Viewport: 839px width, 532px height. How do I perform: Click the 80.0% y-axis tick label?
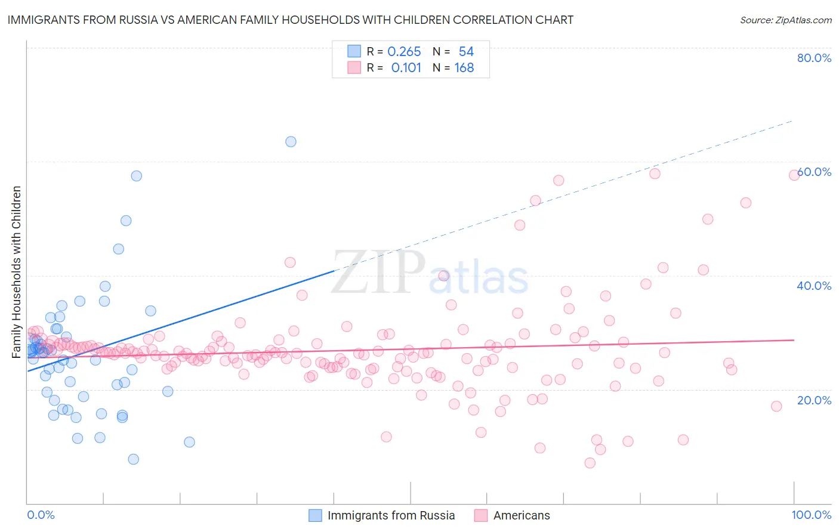pos(814,58)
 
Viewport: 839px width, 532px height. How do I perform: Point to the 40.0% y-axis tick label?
pos(814,286)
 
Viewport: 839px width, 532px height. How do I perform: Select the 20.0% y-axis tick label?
pos(814,400)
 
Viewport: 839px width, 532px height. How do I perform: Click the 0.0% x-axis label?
pos(41,515)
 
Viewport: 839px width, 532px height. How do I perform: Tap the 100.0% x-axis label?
pos(811,515)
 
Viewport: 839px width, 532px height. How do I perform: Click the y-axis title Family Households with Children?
pos(17,272)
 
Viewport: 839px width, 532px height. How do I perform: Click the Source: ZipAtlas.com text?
pos(785,20)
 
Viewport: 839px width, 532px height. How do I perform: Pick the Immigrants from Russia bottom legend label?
pos(391,515)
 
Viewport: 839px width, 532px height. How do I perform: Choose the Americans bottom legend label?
pos(522,515)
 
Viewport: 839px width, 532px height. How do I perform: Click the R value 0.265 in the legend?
pos(404,52)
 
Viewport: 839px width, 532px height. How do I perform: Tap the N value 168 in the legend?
pos(464,68)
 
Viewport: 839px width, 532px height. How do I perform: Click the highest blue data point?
pos(291,141)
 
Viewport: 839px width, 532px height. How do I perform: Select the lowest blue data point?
pos(134,459)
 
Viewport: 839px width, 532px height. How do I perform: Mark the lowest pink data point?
pos(590,463)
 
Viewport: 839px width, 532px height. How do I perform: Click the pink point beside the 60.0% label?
pos(794,175)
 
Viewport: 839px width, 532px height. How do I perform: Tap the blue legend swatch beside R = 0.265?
pos(354,52)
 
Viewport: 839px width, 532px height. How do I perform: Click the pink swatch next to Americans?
pos(481,515)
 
